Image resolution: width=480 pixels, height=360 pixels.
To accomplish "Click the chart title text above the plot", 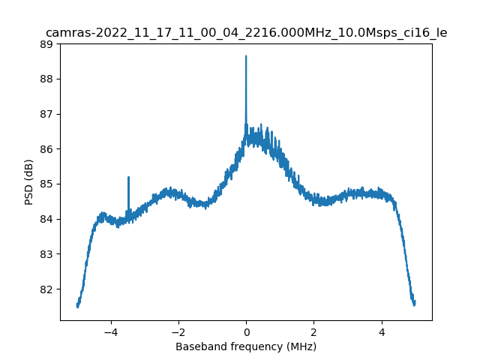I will coord(246,33).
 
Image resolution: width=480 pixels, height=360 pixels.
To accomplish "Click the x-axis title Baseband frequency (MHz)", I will coord(246,346).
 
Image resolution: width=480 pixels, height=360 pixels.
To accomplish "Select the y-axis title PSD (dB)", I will coord(29,182).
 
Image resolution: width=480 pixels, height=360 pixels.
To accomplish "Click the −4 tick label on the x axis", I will coord(110,331).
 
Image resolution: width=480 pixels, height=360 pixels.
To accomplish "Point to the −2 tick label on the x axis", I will coord(178,331).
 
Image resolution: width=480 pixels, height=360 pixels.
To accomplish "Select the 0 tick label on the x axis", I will coord(246,331).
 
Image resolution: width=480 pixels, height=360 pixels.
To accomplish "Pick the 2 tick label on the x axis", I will coord(313,331).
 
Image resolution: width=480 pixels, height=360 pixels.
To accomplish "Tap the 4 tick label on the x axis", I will coord(381,331).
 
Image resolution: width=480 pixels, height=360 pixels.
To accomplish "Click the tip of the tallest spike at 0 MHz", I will coord(246,56).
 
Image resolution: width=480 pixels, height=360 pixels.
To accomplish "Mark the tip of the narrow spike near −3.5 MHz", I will coord(128,178).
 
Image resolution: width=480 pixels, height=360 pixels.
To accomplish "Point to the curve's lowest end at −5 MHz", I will coord(77,306).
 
